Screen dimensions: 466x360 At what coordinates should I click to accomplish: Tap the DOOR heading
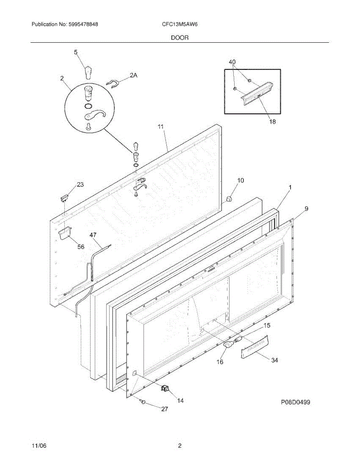[x=180, y=38]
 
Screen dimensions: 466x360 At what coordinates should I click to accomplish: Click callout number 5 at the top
[x=76, y=52]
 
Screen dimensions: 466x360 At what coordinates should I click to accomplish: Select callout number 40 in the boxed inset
[x=232, y=62]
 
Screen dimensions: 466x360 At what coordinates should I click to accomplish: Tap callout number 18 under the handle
[x=273, y=122]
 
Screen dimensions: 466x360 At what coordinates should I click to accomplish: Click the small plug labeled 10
[x=229, y=199]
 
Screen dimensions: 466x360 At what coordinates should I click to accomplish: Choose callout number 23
[x=80, y=185]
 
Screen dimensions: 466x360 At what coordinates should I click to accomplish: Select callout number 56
[x=80, y=247]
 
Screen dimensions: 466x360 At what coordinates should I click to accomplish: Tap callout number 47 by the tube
[x=93, y=235]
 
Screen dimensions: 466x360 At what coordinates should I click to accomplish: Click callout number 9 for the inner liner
[x=306, y=209]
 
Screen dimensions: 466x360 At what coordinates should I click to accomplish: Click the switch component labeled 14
[x=166, y=388]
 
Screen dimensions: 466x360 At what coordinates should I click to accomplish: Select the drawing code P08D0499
[x=296, y=403]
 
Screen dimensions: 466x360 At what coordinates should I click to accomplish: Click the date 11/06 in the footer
[x=37, y=446]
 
